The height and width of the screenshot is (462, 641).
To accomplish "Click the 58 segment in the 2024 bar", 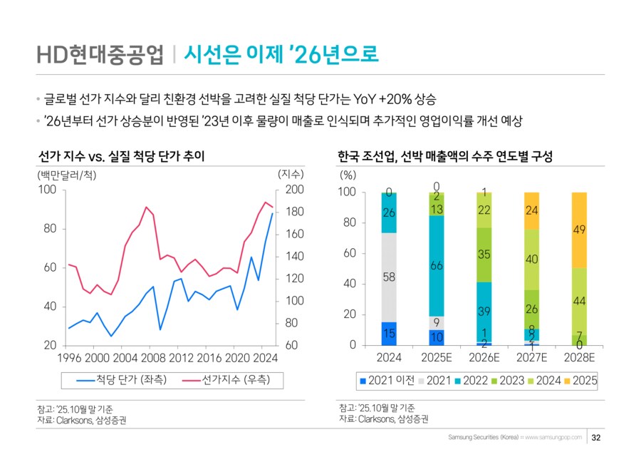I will tap(389, 277).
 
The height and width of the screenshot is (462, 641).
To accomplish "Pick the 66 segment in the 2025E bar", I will tap(437, 266).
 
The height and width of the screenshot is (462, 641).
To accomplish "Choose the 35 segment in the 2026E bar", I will tap(484, 255).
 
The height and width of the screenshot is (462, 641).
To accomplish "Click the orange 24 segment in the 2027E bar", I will tap(531, 210).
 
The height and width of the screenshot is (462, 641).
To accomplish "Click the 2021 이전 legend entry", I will tap(387, 381).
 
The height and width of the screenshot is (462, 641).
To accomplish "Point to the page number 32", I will tap(597, 437).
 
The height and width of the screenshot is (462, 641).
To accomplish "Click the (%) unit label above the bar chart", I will tap(348, 174).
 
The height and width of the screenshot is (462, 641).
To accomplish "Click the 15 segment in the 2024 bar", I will tap(389, 333).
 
